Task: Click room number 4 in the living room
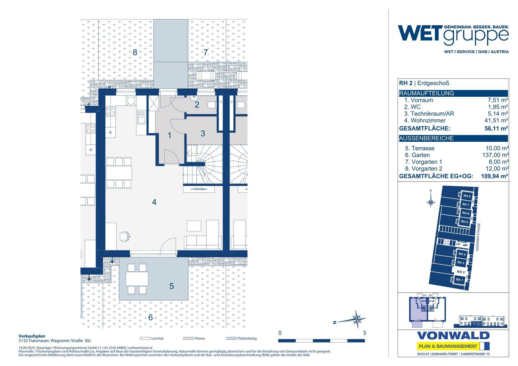click(x=154, y=202)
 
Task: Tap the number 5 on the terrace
click(x=172, y=286)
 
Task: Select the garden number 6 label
click(x=151, y=317)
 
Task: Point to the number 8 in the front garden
click(x=135, y=52)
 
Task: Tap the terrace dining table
click(x=137, y=279)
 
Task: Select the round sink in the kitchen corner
click(x=131, y=100)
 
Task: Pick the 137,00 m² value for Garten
click(x=496, y=155)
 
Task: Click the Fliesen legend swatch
click(x=188, y=338)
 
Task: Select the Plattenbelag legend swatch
click(x=231, y=338)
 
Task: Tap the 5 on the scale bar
click(x=364, y=333)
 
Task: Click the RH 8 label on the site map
click(x=467, y=196)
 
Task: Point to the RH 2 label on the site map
click(x=461, y=272)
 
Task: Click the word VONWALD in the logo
click(x=453, y=336)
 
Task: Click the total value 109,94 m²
click(x=495, y=176)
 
